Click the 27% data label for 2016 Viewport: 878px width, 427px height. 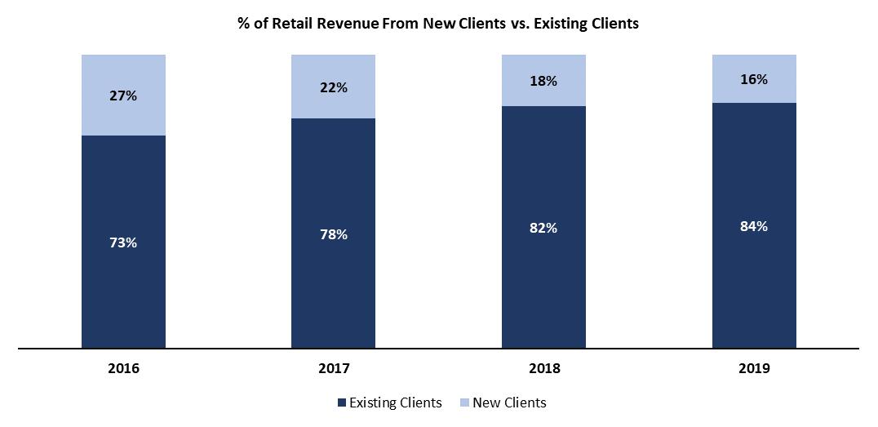(x=123, y=96)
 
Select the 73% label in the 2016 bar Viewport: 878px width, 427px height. (x=123, y=242)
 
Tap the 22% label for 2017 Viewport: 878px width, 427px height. (x=334, y=87)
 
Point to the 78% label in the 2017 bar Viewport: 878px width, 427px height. (x=334, y=234)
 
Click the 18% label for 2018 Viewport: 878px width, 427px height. (x=543, y=81)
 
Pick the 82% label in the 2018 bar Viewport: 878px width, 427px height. (x=543, y=228)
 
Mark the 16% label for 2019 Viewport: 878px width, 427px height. (x=754, y=79)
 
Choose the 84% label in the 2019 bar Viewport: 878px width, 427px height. (x=754, y=226)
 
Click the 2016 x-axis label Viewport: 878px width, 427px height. (x=123, y=368)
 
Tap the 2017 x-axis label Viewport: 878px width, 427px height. (x=334, y=368)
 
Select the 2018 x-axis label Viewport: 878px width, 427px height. (x=543, y=368)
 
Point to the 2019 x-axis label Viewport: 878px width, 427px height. (x=754, y=368)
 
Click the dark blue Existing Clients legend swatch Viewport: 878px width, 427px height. (x=341, y=403)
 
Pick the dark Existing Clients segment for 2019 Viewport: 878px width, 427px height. (x=754, y=286)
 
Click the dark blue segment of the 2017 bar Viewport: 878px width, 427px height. (x=334, y=286)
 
